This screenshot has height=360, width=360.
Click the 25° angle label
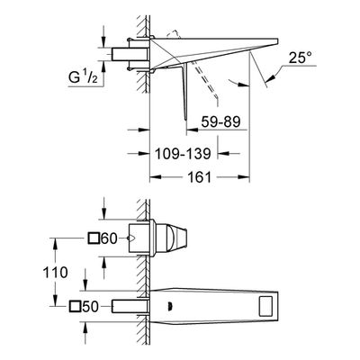click(301, 58)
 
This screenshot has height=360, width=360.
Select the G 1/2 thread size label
click(83, 78)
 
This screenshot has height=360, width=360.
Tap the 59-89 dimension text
click(220, 122)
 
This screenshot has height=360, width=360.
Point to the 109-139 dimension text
click(183, 154)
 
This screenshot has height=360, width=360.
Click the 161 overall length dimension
click(200, 176)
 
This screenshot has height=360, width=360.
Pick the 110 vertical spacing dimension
click(55, 273)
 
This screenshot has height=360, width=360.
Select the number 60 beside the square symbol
click(109, 238)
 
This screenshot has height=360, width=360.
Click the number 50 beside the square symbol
click(90, 307)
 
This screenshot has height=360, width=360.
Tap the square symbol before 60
click(94, 238)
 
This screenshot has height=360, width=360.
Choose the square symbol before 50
click(75, 307)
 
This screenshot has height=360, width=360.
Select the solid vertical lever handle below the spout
click(184, 92)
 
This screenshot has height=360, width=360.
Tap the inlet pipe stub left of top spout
click(130, 55)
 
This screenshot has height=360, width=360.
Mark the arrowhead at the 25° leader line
click(270, 78)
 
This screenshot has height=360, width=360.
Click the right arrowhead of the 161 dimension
click(244, 176)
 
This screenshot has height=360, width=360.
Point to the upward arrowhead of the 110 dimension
click(55, 243)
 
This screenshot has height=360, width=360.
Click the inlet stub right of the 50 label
click(130, 306)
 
